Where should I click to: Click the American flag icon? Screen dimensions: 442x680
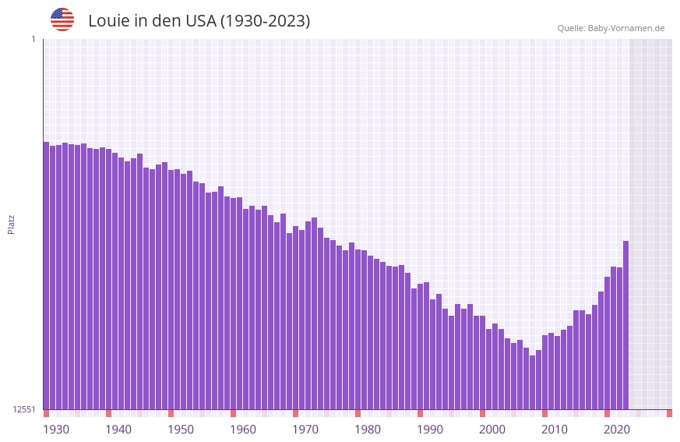coord(62,19)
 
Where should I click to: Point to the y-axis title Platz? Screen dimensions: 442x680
coord(11,224)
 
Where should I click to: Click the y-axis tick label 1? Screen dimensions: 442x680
coord(33,39)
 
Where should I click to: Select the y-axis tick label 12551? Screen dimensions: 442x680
coord(24,409)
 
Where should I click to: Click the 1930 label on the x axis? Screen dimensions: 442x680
coord(56,430)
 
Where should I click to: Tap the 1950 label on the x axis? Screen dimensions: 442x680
coord(181,430)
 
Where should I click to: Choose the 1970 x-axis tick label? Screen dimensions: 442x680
coord(305,430)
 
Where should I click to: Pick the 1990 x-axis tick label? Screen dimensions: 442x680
coord(430,430)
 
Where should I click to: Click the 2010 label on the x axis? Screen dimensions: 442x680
coord(555,430)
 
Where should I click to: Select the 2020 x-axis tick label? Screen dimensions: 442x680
coord(617,430)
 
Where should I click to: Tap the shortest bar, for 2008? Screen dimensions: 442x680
coord(532,382)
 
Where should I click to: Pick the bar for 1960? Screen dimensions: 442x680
coord(233,303)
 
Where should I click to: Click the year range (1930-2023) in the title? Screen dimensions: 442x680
coord(265,21)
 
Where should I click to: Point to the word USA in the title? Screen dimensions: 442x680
coord(201,21)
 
